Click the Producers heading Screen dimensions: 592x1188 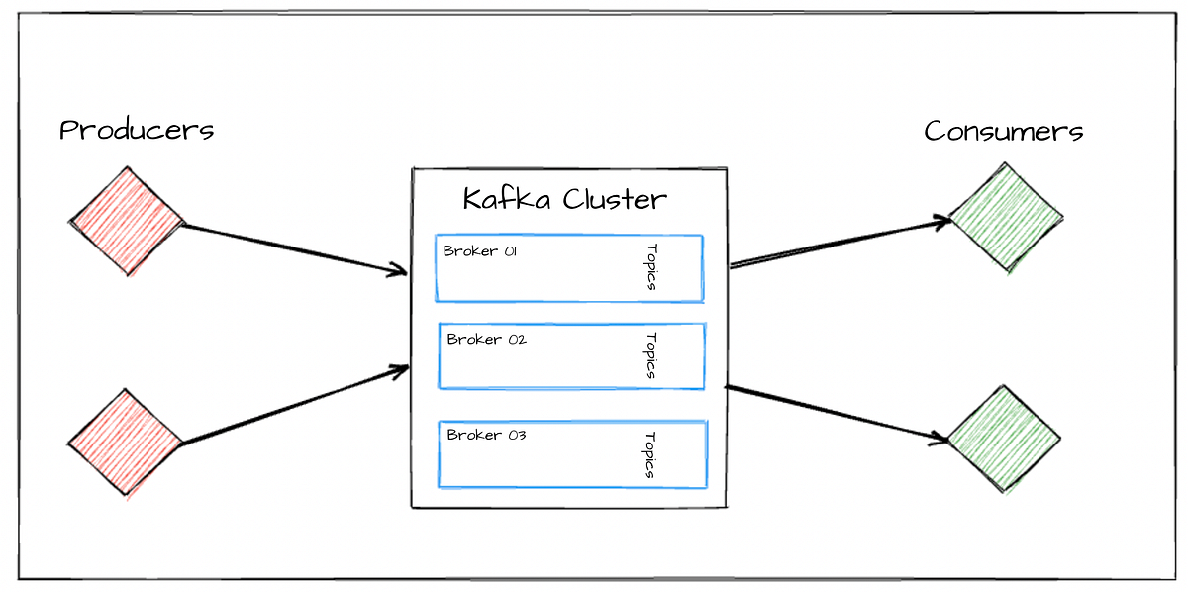137,130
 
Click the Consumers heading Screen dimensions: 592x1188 1003,131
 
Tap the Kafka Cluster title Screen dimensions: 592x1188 565,199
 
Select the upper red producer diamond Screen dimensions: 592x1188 127,221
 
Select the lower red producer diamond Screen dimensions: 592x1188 126,442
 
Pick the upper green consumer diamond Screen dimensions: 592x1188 1004,218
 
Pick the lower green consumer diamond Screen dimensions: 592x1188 1004,438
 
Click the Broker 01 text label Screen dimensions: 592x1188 480,251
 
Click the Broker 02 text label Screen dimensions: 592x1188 486,340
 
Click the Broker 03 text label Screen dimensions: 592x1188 486,435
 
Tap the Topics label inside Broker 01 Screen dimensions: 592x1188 651,267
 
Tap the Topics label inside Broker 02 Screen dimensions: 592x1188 651,355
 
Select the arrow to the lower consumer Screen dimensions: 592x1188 837,411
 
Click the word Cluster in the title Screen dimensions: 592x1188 615,199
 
